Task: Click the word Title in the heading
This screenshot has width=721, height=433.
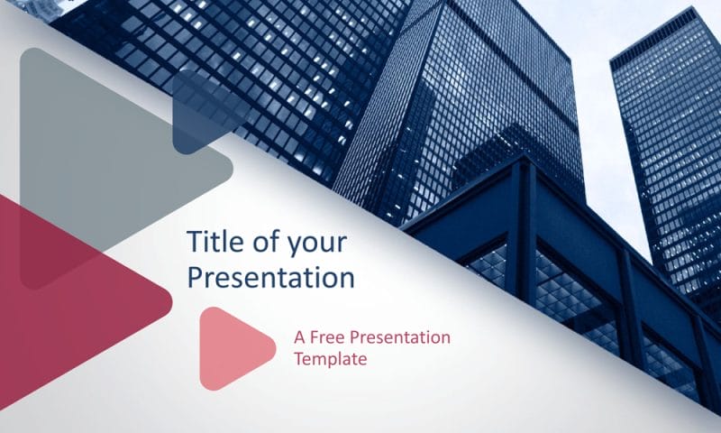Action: (210, 242)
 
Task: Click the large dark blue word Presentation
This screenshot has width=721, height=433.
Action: (269, 278)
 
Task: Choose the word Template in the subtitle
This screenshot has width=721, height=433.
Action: (330, 358)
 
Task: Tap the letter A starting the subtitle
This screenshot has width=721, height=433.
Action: (299, 337)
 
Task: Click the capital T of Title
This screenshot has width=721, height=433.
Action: (193, 242)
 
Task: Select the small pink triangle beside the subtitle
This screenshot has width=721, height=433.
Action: (229, 348)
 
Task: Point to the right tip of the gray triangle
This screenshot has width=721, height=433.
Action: (229, 168)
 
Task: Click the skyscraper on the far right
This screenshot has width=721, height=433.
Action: (667, 135)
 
